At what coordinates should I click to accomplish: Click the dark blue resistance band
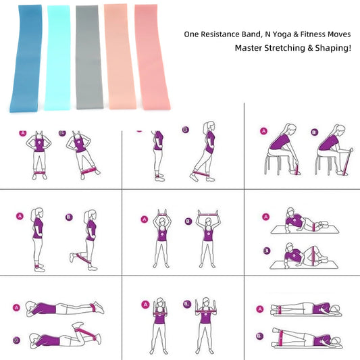[26, 59]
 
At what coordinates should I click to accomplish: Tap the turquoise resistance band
[57, 57]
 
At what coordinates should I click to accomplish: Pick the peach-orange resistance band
[119, 57]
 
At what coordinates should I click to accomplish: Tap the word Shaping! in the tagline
[333, 48]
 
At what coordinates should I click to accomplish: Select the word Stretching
[285, 48]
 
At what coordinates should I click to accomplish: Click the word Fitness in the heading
[313, 34]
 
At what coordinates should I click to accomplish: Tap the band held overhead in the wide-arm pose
[209, 214]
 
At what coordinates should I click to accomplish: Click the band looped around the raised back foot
[83, 259]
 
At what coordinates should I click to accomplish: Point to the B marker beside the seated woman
[315, 132]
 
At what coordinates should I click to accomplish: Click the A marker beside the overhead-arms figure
[145, 220]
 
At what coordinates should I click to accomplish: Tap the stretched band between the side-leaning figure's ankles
[88, 171]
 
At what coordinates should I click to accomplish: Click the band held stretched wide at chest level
[206, 311]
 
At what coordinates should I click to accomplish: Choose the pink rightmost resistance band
[152, 57]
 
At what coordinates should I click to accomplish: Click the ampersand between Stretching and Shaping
[310, 48]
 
